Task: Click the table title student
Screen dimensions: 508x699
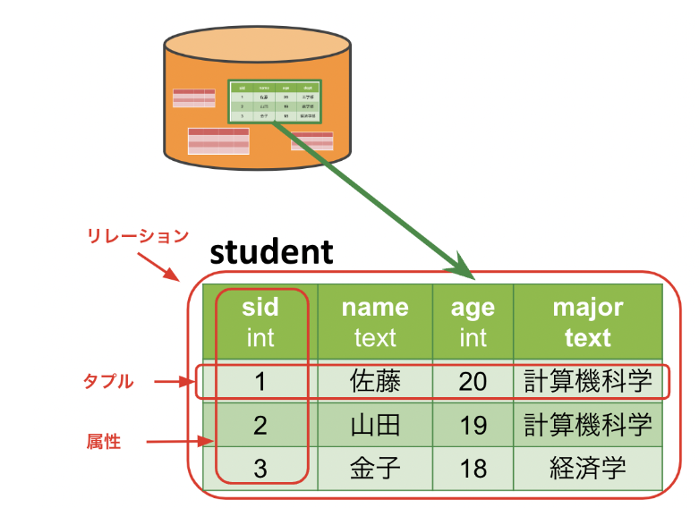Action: click(271, 252)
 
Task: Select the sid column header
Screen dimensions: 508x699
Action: click(260, 322)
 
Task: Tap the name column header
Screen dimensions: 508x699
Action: click(375, 322)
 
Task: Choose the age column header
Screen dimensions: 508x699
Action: click(473, 322)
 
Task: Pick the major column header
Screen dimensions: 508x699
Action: click(587, 322)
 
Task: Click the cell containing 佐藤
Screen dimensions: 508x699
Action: click(375, 382)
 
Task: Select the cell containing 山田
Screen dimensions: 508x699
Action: click(375, 424)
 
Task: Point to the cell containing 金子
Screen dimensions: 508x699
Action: click(375, 467)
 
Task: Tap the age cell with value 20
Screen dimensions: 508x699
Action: click(473, 382)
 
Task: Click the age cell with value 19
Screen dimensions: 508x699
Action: click(473, 424)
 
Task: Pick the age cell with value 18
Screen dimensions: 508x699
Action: click(473, 467)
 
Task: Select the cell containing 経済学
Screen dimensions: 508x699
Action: click(587, 467)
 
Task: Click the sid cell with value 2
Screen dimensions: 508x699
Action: click(260, 424)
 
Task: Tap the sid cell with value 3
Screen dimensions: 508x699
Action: click(260, 467)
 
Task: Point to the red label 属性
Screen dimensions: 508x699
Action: click(103, 441)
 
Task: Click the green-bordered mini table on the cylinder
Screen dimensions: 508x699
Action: click(275, 101)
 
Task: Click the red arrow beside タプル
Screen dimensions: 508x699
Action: click(174, 382)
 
